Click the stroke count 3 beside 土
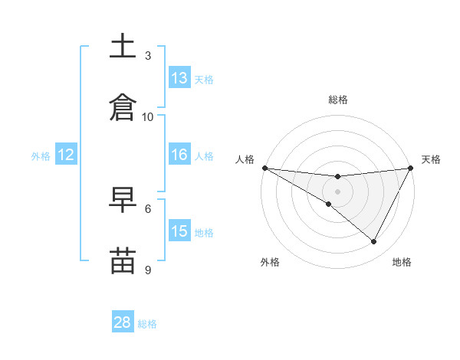148,55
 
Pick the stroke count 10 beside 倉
148,116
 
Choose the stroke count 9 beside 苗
148,270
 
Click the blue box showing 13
179,78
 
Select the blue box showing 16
179,155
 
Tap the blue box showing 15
179,231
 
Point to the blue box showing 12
66,155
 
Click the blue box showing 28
123,323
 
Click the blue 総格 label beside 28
148,324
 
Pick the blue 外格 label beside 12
41,155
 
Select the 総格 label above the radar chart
338,100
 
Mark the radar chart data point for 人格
264,167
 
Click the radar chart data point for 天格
410,168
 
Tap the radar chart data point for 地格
374,242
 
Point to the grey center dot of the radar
337,191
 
